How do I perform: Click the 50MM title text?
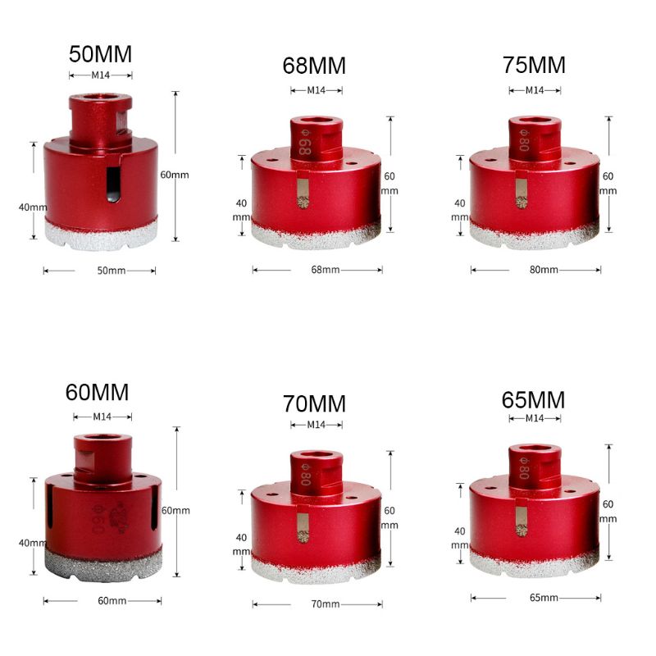(x=100, y=55)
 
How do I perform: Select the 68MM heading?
(x=314, y=66)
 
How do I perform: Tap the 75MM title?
(x=535, y=66)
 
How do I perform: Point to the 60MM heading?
(x=98, y=392)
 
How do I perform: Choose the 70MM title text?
(x=314, y=403)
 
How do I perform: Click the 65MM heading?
(x=534, y=399)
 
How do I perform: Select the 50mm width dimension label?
(x=99, y=271)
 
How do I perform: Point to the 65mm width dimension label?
(x=534, y=599)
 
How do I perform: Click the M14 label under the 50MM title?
(x=100, y=75)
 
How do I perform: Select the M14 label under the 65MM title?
(x=535, y=418)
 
